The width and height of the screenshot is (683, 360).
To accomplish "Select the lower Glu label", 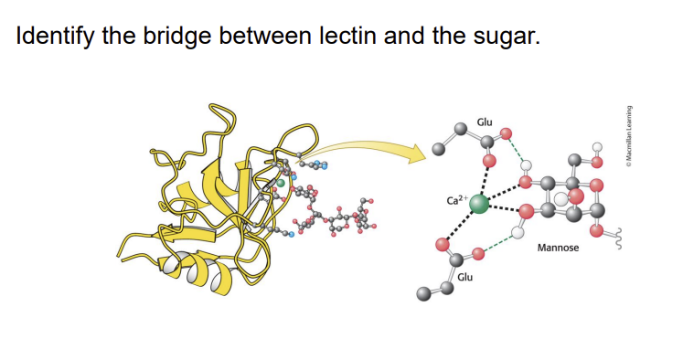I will coord(464,275).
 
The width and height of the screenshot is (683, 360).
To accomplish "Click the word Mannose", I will coord(558,248).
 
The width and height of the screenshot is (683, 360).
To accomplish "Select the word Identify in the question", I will coord(50,38).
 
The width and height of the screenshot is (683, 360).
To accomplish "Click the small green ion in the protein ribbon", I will coord(281,183).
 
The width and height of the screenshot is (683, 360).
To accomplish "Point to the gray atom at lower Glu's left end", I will coord(422,293).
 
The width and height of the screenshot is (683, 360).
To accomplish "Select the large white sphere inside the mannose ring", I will coord(560,199).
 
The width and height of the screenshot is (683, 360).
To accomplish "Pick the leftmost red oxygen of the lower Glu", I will coord(443,245).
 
